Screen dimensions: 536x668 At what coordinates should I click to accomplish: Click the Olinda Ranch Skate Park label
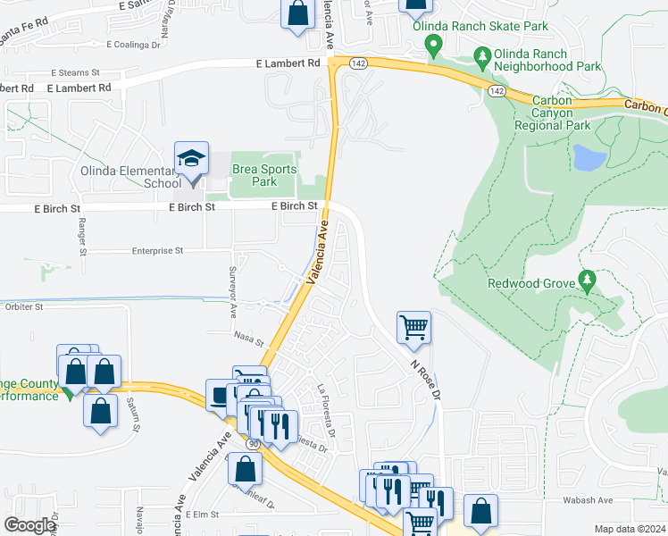tap(480, 26)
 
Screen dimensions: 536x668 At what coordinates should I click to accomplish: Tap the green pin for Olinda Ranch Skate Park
tap(434, 44)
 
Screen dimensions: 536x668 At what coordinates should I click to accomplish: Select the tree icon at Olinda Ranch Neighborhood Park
tap(483, 59)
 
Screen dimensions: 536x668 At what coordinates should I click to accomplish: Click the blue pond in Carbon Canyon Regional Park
tap(589, 157)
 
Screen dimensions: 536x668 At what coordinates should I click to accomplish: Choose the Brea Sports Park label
tap(263, 176)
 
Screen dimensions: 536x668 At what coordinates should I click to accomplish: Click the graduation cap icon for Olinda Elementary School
tap(191, 158)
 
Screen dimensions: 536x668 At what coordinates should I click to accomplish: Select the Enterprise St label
tap(157, 252)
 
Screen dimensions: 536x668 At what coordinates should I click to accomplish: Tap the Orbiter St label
tap(23, 306)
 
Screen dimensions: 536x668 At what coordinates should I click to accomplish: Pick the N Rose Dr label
tap(426, 379)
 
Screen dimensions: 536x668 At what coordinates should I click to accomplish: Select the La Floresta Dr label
tap(326, 410)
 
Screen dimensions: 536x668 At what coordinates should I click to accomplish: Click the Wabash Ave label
tap(611, 501)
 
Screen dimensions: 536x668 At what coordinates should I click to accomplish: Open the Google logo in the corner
tap(29, 525)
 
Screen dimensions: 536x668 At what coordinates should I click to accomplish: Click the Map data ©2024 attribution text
tap(629, 529)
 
